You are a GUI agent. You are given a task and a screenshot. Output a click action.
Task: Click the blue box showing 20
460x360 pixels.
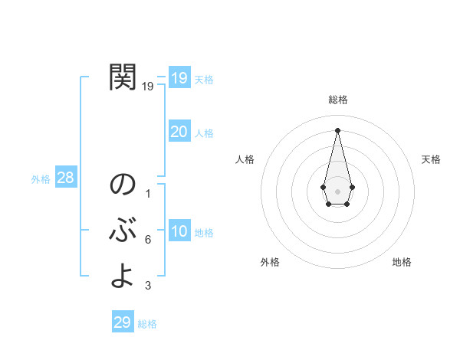[179, 132]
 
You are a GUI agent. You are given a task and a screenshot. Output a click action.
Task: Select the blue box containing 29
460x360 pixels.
[123, 322]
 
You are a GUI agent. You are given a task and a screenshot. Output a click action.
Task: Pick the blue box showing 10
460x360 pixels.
[179, 231]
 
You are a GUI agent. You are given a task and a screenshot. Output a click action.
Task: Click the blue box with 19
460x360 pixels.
[179, 78]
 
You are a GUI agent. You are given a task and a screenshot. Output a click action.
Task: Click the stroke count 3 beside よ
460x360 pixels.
[147, 286]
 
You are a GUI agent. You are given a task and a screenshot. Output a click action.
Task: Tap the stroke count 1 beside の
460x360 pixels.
[147, 194]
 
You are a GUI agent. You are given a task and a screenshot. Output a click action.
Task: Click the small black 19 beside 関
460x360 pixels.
[147, 87]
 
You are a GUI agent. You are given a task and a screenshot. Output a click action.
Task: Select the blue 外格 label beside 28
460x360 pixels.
[41, 179]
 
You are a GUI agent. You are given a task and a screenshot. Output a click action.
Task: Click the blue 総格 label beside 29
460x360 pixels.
[147, 324]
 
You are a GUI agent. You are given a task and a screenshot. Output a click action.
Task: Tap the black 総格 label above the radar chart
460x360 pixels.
[337, 100]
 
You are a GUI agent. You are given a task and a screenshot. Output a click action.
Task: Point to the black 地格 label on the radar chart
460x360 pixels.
[402, 262]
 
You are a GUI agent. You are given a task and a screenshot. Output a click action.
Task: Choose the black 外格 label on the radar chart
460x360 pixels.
[270, 262]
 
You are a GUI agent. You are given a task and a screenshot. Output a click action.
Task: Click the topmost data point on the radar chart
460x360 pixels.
[337, 129]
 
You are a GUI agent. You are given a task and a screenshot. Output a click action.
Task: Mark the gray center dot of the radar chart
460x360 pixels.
[337, 191]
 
